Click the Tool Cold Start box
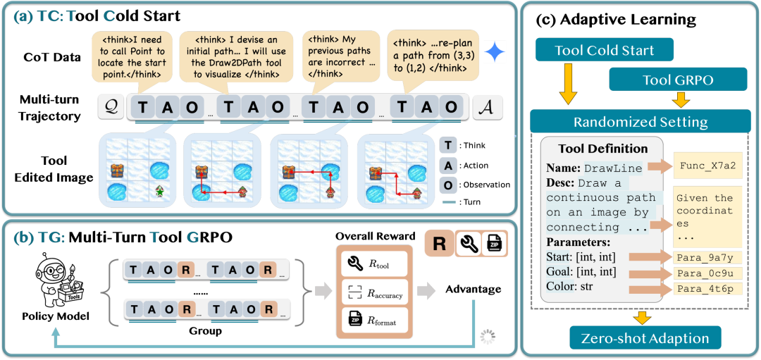click(x=605, y=50)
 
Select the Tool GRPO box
click(x=678, y=80)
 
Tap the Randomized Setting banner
click(x=641, y=121)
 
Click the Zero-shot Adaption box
click(x=645, y=337)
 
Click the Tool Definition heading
click(x=602, y=149)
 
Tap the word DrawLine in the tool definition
click(x=613, y=168)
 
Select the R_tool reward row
click(x=373, y=265)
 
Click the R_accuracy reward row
click(x=373, y=293)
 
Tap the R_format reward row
click(x=373, y=321)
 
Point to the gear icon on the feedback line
click(x=487, y=337)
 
